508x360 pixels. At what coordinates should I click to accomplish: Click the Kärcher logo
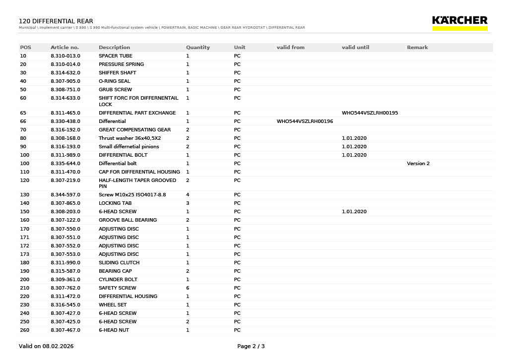459,22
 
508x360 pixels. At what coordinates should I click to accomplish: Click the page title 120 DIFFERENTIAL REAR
56,21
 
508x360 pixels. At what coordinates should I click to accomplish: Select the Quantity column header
198,48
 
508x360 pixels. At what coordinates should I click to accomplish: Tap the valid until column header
355,48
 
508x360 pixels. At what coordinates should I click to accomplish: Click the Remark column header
417,48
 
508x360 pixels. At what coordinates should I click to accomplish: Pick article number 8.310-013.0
65,56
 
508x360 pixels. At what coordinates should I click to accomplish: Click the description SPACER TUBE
115,56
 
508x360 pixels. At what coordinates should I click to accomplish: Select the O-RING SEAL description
114,81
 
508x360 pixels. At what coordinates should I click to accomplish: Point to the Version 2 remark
418,164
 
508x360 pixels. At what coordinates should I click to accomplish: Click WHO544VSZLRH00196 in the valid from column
305,121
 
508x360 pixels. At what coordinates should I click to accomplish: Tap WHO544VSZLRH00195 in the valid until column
370,113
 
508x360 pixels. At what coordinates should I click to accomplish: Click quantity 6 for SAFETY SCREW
188,288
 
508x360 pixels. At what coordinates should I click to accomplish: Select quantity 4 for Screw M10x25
188,195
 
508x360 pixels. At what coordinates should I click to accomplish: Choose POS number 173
24,254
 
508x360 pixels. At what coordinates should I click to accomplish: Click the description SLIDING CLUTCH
119,263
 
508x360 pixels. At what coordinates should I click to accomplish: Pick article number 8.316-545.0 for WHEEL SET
65,305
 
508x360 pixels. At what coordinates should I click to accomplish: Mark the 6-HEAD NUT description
114,330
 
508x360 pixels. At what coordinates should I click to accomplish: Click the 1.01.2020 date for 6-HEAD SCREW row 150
354,212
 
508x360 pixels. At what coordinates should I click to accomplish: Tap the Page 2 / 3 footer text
251,346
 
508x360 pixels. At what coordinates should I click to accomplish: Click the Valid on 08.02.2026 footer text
46,346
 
